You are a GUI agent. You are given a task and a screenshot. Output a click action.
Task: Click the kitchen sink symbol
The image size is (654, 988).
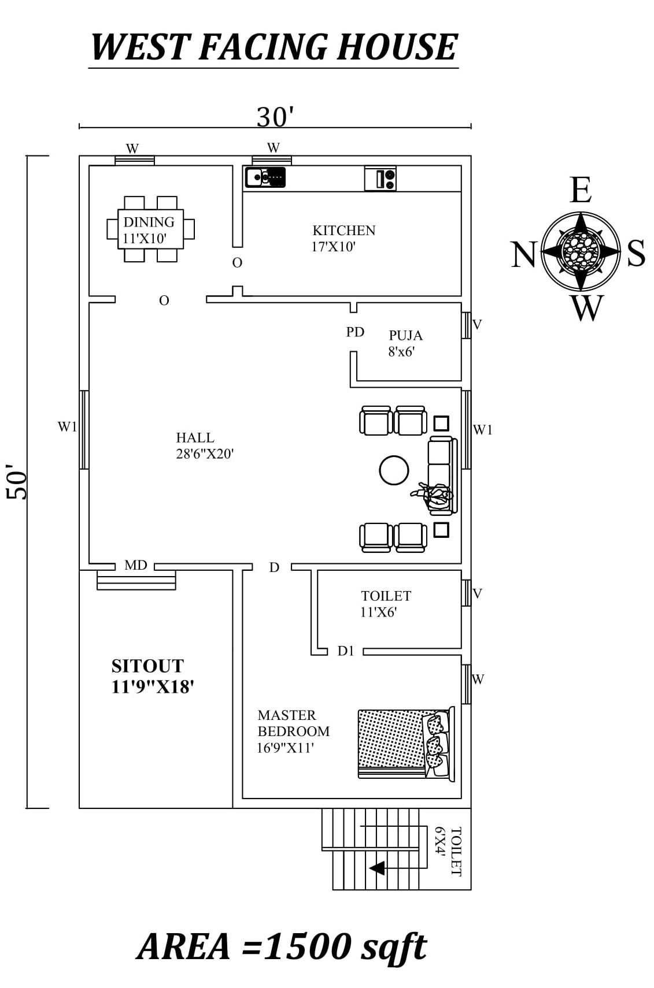click(x=265, y=177)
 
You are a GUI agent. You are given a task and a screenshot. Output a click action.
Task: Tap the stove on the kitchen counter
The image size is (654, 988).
click(x=380, y=178)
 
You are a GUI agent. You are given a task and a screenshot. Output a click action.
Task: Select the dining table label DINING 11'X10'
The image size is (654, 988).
click(x=149, y=230)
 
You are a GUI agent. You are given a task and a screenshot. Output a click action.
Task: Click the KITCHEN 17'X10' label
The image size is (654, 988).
click(x=343, y=238)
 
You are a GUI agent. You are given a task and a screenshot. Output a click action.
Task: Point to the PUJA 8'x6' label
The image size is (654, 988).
click(x=405, y=343)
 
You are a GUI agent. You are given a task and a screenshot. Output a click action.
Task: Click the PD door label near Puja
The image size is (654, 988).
click(x=355, y=332)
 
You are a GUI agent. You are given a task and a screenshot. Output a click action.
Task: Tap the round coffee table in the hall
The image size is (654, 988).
click(x=394, y=470)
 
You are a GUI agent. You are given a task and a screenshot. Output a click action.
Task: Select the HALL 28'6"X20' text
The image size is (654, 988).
click(x=204, y=445)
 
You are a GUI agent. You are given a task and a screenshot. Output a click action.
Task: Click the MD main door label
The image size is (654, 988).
click(x=136, y=566)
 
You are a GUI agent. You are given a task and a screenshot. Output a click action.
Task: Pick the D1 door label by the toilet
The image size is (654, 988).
click(x=346, y=651)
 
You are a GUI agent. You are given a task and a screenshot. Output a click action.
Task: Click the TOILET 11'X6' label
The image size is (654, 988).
click(x=386, y=604)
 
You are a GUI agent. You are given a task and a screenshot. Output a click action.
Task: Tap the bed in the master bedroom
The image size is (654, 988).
click(x=405, y=744)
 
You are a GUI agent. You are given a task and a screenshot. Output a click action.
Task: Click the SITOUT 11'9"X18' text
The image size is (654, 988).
click(x=152, y=676)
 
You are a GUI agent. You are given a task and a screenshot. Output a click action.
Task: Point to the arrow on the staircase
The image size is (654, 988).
click(x=377, y=868)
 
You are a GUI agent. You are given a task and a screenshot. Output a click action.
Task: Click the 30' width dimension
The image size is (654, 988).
click(x=275, y=117)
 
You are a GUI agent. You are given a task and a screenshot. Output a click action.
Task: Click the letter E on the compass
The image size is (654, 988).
click(x=581, y=191)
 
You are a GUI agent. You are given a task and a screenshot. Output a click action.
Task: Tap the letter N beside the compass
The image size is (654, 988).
click(x=523, y=255)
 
